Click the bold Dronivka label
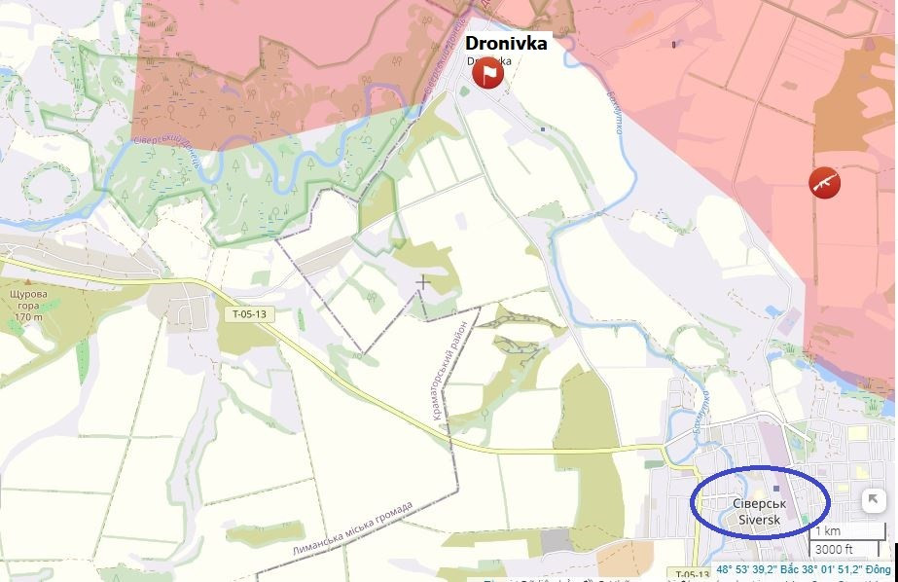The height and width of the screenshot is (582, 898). click(506, 43)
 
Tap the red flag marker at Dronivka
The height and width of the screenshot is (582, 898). click(487, 73)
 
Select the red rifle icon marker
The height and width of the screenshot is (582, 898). click(824, 182)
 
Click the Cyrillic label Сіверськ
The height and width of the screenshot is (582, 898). click(759, 503)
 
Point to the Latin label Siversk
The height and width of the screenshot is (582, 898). click(759, 520)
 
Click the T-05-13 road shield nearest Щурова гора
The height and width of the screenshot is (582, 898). click(248, 314)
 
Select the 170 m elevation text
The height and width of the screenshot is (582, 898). click(29, 317)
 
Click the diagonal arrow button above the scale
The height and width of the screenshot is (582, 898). click(873, 500)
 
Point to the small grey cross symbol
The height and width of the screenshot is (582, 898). click(423, 282)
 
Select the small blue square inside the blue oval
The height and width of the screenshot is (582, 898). click(775, 488)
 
